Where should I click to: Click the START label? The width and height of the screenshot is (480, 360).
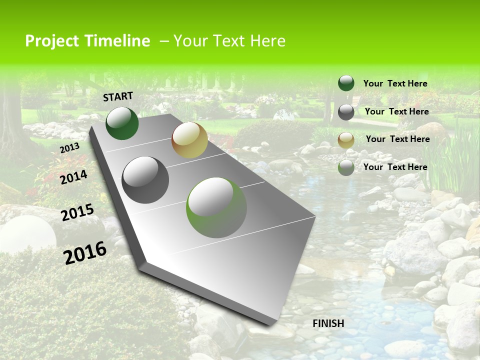pos(118,96)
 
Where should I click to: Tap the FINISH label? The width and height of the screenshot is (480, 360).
pos(328,323)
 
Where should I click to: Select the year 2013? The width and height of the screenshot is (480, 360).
pos(69,148)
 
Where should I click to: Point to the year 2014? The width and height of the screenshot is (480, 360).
pos(74,177)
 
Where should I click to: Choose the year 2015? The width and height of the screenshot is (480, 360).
pos(77,212)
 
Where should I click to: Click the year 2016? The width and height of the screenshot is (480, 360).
pos(85,252)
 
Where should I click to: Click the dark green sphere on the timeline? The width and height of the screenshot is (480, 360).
pos(122,123)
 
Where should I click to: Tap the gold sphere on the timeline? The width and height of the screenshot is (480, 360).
pos(189,140)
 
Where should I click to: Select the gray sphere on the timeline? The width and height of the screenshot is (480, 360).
pos(145,179)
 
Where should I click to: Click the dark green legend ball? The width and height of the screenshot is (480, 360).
pos(346,83)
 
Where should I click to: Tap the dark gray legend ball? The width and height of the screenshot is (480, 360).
pos(346,112)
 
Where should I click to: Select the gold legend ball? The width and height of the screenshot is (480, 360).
pos(346,140)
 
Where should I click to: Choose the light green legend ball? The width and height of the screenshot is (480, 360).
pos(346,167)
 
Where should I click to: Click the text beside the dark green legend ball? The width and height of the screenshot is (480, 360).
pos(395,83)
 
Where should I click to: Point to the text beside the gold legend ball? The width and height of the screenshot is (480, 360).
pos(397,139)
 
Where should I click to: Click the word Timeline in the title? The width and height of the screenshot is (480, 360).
pos(119,41)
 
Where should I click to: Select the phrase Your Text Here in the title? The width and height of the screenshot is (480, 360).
pos(229,41)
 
